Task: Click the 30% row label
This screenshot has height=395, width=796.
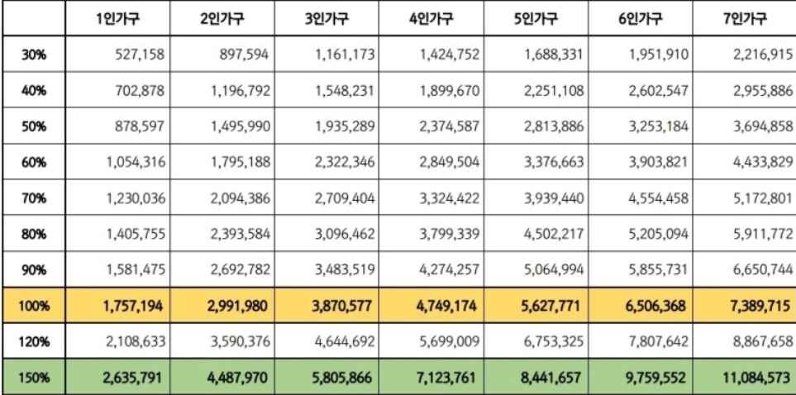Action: coord(33,56)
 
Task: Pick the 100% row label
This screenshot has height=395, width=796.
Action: coord(33,306)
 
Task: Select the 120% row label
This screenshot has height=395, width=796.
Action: coord(33,340)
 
